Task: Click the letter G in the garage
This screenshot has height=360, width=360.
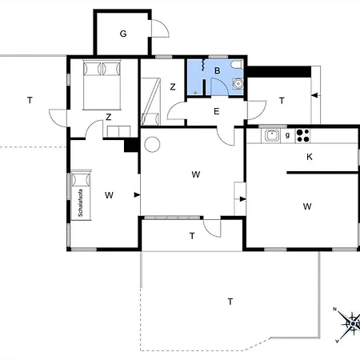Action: click(123, 34)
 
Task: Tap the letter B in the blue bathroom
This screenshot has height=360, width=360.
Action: click(218, 70)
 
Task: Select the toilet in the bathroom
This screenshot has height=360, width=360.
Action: click(237, 65)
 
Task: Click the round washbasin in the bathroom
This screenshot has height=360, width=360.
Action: click(238, 83)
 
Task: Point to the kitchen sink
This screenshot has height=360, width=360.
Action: click(272, 135)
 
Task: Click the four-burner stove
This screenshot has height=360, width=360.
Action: click(302, 135)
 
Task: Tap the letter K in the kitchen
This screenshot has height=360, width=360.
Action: click(310, 157)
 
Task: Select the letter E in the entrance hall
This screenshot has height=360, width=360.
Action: click(217, 111)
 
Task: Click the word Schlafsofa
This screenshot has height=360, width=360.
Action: click(81, 202)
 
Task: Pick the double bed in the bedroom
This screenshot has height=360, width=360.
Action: click(102, 85)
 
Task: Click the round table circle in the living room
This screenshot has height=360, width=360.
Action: click(152, 144)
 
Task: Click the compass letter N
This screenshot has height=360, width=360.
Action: click(335, 309)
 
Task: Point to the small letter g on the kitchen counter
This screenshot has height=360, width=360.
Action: click(287, 135)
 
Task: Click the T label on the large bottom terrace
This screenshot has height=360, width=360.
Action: click(230, 302)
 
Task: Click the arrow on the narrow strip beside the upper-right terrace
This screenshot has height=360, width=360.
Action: click(315, 95)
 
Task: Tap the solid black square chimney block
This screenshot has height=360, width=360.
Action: click(130, 146)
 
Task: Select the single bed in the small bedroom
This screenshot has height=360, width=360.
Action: click(151, 102)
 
